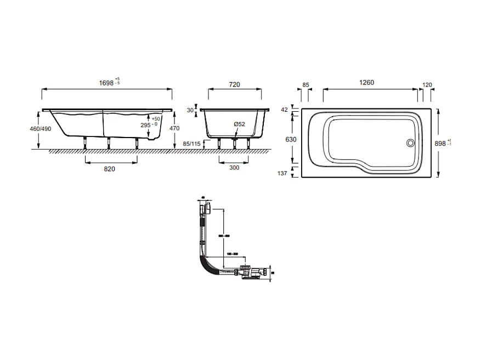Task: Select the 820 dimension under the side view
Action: coord(109,169)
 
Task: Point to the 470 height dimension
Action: coord(175,128)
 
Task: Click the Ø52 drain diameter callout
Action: coord(240,124)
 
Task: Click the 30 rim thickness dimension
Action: coord(190,110)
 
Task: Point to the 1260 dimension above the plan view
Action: coord(366,83)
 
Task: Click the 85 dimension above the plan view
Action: coord(305,85)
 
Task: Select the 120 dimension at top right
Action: coord(428,85)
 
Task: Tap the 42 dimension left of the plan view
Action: coord(284,110)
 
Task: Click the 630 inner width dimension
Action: coord(291,140)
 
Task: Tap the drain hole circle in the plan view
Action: coord(410,143)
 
